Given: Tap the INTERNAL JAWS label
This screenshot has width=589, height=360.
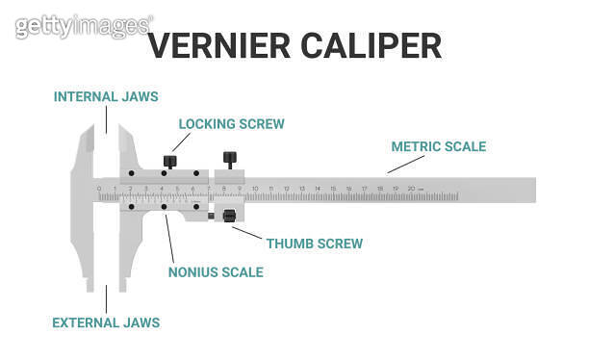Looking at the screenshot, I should [x=106, y=96].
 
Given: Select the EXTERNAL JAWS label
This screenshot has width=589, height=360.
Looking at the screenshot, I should [x=106, y=322].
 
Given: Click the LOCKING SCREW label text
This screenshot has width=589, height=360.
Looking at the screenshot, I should [x=232, y=124].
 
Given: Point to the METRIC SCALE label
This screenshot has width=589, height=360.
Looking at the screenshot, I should [x=439, y=147].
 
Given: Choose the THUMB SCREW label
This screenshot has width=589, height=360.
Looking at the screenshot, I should [x=315, y=244].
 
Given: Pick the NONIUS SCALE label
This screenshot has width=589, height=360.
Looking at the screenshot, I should [x=216, y=272].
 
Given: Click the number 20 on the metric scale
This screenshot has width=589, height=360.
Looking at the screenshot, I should [x=411, y=188].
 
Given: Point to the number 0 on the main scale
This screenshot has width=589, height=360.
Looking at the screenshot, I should [x=99, y=188].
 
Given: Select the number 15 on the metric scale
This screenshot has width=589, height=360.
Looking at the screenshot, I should [x=332, y=188].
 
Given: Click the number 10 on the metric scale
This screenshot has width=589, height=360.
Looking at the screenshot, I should [x=255, y=188].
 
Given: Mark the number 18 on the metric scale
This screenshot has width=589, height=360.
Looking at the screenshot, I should [x=379, y=188].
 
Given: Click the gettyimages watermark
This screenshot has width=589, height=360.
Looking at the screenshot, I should [x=83, y=26].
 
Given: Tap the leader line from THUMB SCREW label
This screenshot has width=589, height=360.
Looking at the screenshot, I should [x=248, y=230].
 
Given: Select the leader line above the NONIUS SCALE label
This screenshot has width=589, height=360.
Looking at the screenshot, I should [x=170, y=237].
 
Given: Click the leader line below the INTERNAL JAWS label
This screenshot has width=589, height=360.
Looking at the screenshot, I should [x=106, y=119].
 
